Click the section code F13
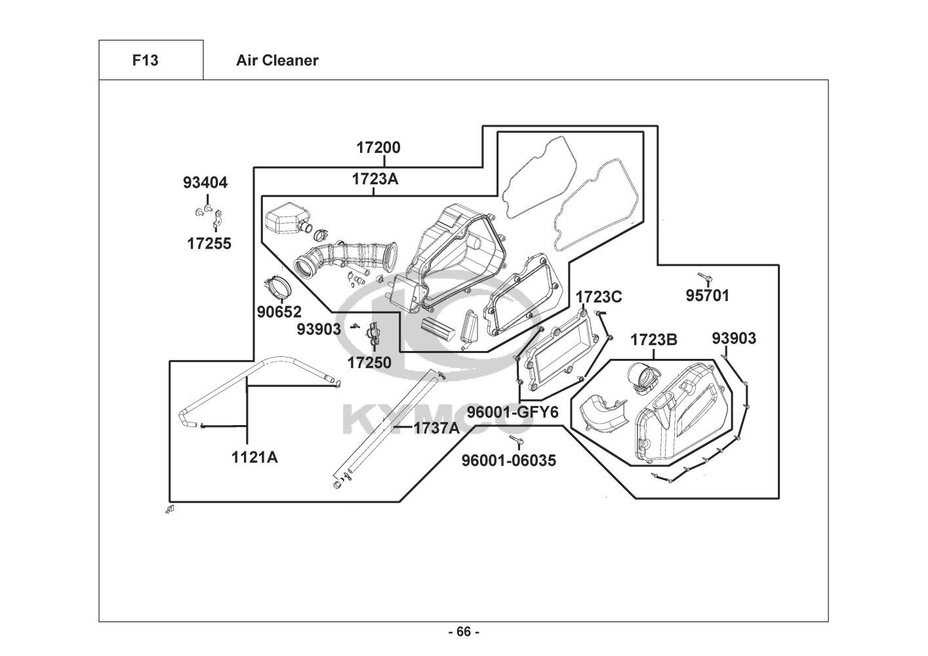pos(145,60)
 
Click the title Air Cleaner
pos(277,60)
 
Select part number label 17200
pos(378,148)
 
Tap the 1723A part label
pos(375,179)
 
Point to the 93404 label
pos(205,183)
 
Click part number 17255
pos(209,243)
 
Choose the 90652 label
pos(279,312)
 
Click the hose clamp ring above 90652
pos(277,287)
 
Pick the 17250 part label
pos(369,363)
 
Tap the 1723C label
pos(599,297)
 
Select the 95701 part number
pos(707,295)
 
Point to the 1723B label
pos(654,340)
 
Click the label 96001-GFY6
pos(512,412)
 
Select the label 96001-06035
pos(509,461)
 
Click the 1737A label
pos(437,428)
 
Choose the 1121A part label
pos(254,457)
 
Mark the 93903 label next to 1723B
pos(734,338)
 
